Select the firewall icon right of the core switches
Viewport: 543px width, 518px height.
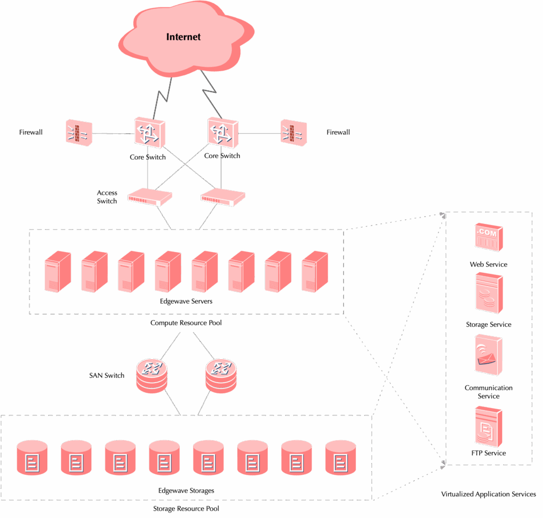293,132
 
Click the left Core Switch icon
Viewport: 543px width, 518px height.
149,133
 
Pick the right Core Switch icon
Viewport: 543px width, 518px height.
223,131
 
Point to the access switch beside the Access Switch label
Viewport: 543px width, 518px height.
150,198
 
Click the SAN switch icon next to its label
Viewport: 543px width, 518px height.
152,375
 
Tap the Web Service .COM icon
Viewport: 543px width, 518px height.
488,237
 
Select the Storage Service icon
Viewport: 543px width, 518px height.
488,293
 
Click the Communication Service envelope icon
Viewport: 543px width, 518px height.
488,356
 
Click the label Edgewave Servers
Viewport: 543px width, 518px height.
186,301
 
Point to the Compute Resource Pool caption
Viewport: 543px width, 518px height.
186,323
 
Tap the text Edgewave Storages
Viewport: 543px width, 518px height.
186,490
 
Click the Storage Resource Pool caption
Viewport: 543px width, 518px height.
186,508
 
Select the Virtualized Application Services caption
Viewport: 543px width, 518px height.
488,494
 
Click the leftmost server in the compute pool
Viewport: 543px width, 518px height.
57,271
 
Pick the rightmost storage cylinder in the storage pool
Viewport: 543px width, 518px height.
339,457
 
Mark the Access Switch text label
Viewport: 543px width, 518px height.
107,197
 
